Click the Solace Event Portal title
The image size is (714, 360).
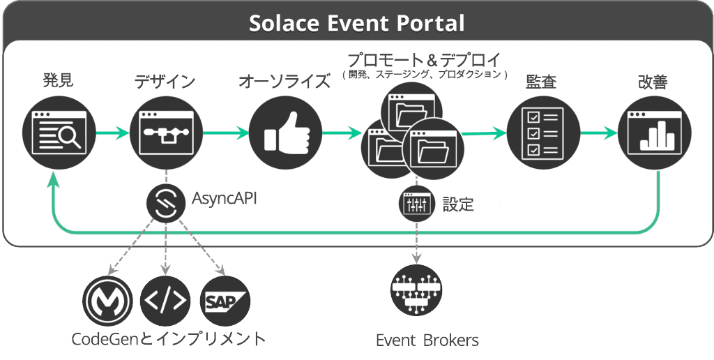356,23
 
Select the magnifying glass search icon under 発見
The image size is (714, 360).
59,133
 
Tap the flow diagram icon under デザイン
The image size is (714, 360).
166,133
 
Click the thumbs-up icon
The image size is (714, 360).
286,133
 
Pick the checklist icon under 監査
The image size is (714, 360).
543,133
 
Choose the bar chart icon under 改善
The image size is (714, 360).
654,133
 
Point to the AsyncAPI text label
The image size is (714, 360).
224,199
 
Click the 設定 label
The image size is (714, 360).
458,204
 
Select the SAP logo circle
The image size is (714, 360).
225,301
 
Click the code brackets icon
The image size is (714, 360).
165,301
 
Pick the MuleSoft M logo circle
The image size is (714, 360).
108,301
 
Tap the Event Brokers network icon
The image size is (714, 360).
416,290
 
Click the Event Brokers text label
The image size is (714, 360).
427,340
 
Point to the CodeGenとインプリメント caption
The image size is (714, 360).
169,339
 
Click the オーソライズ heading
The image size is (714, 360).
284,82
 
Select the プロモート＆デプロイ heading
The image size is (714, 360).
424,60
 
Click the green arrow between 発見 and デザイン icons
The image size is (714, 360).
113,133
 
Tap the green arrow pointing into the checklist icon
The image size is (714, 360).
484,133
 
